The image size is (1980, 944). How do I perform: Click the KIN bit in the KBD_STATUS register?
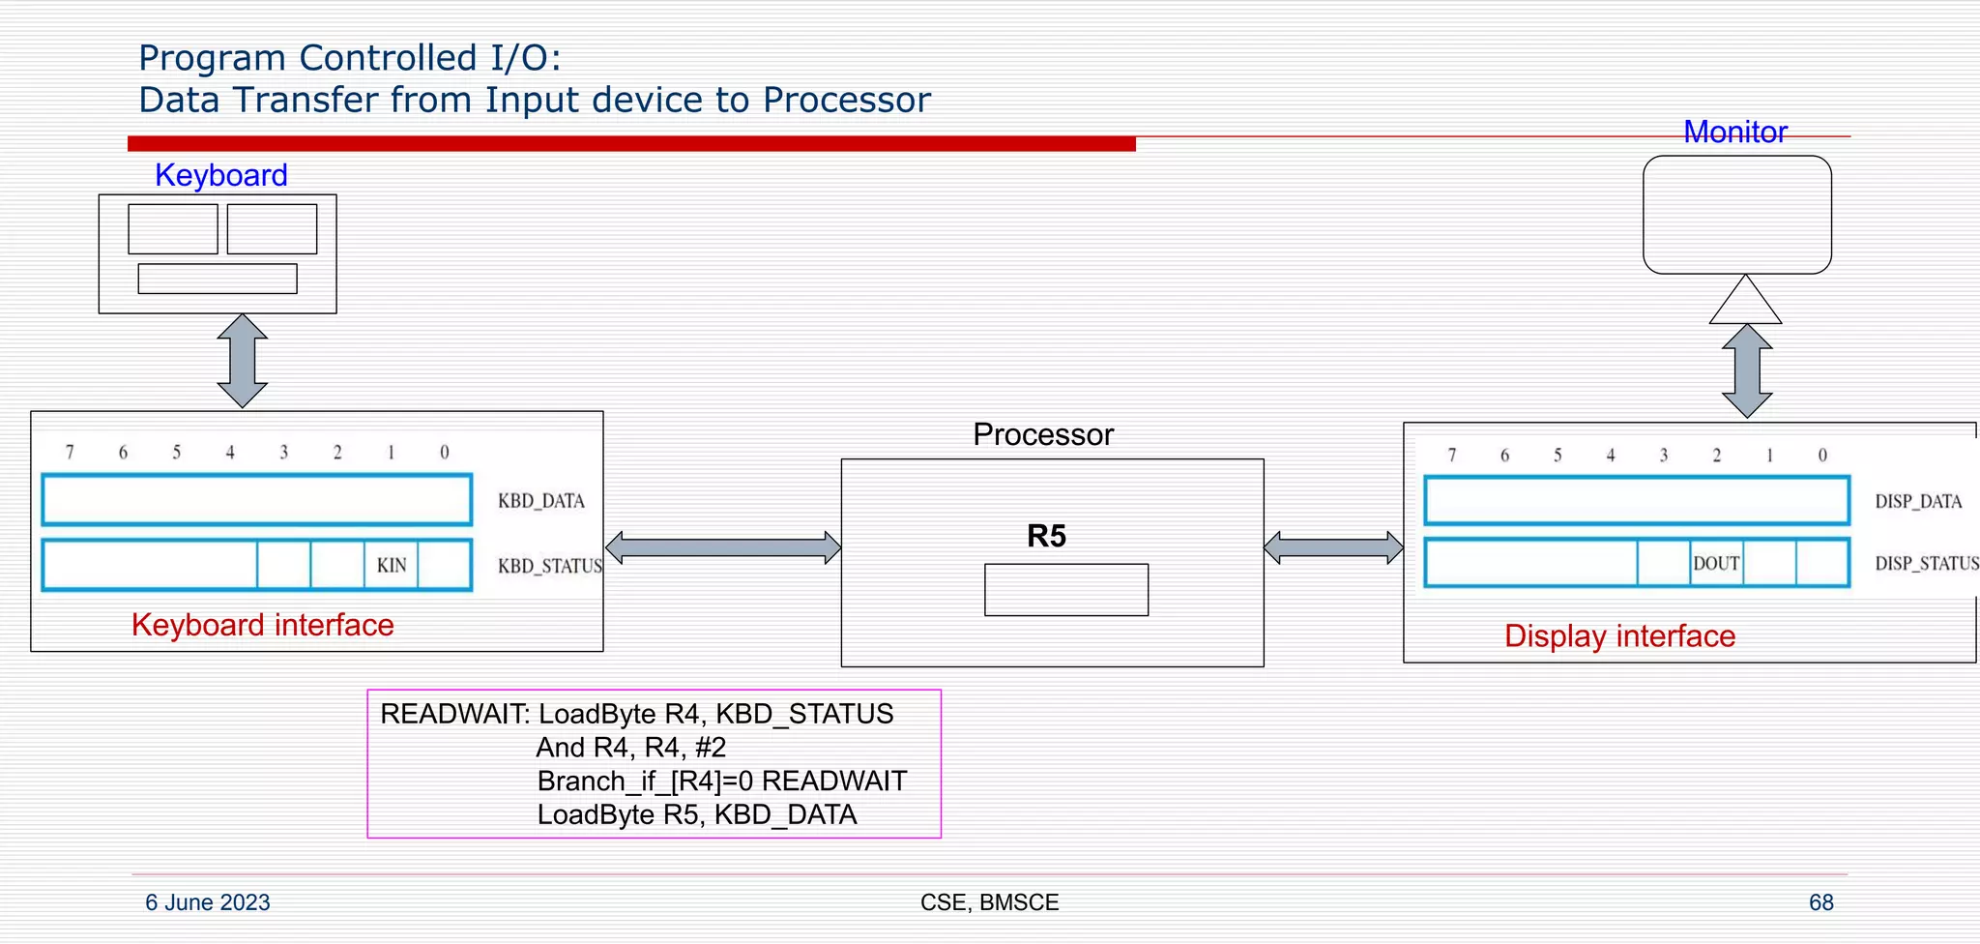[392, 565]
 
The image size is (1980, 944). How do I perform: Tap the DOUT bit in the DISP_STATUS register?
[1716, 563]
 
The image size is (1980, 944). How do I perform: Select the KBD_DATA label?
[540, 501]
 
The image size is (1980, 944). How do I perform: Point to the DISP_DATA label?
[1918, 501]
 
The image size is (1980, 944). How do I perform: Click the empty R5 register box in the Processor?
[1066, 590]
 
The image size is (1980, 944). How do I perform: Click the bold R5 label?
[1046, 536]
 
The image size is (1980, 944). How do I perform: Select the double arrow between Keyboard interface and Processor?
[723, 547]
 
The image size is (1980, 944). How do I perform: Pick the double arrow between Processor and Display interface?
[1333, 547]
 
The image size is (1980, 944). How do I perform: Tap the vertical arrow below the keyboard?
[242, 361]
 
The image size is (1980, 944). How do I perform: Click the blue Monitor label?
[1734, 132]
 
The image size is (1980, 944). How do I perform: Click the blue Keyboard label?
[221, 175]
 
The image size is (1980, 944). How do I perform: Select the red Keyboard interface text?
[263, 625]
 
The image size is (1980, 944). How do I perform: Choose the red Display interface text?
[1619, 636]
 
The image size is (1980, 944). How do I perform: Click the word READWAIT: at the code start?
[454, 714]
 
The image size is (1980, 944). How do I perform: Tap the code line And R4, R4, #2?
[630, 748]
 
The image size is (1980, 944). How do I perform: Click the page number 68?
[1820, 902]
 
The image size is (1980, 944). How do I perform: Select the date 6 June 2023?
[208, 902]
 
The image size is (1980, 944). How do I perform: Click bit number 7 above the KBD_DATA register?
[70, 452]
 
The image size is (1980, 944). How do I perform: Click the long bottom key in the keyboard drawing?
[218, 279]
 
